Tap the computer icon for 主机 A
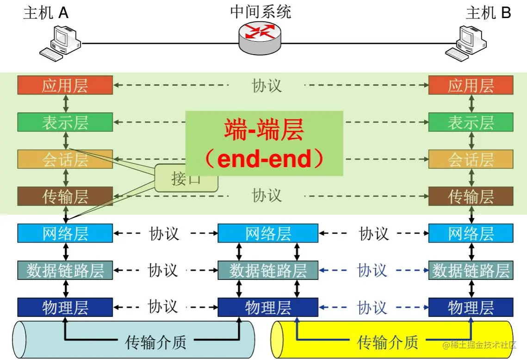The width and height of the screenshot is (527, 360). [60, 43]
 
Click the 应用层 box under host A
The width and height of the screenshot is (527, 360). [65, 86]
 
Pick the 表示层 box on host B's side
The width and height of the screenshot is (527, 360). [471, 123]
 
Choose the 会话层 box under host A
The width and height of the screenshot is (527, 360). [65, 160]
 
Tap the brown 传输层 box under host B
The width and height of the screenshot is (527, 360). [471, 197]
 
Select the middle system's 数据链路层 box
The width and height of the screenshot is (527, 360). [268, 270]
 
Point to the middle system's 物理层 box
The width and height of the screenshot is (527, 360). [268, 307]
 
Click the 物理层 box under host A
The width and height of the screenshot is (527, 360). [65, 307]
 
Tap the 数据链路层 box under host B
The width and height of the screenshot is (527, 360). [471, 270]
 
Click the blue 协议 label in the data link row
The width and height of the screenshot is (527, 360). [372, 270]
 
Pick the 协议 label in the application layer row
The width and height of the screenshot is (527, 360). [267, 86]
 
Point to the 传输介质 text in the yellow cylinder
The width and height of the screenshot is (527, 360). [388, 342]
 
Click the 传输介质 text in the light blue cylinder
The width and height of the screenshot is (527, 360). [156, 342]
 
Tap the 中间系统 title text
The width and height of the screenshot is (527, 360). [260, 12]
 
